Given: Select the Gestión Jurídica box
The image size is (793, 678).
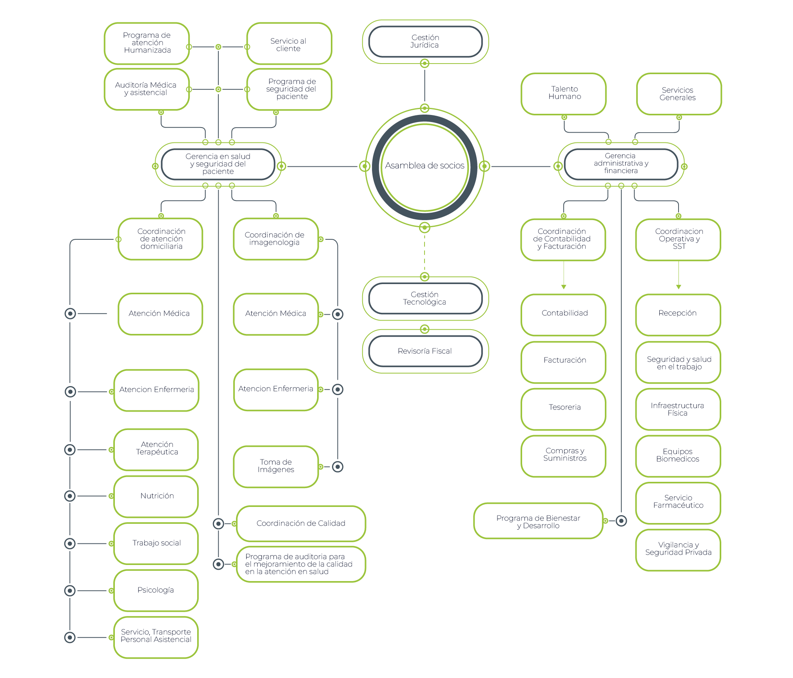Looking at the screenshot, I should (425, 42).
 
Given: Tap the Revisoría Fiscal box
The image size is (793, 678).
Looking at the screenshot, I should (425, 351).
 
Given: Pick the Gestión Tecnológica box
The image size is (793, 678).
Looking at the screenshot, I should (425, 299).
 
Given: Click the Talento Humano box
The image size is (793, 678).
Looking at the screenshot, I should (564, 93).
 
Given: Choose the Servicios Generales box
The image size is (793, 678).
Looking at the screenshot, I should (679, 94).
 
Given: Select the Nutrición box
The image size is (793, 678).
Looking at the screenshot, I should (156, 496).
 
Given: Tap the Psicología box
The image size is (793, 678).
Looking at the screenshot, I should (156, 591).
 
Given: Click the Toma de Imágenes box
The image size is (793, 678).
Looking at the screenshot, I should (276, 466).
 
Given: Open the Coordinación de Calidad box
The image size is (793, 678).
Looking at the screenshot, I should (301, 523).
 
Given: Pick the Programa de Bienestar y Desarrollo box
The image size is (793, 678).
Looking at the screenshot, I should (538, 521).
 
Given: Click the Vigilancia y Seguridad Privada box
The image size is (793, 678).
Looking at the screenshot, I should (678, 549).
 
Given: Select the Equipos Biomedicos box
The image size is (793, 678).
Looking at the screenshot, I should (678, 456).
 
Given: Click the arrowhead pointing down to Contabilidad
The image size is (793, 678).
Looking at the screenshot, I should (564, 287).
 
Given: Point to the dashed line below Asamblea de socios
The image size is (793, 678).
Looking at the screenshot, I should (425, 252).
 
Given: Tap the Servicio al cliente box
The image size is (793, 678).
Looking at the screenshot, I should (289, 45).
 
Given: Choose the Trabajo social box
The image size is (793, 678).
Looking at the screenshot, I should (156, 543).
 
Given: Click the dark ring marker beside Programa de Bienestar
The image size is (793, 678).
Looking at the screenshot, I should (621, 521).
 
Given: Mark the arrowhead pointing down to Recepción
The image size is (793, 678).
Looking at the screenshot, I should (679, 287).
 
